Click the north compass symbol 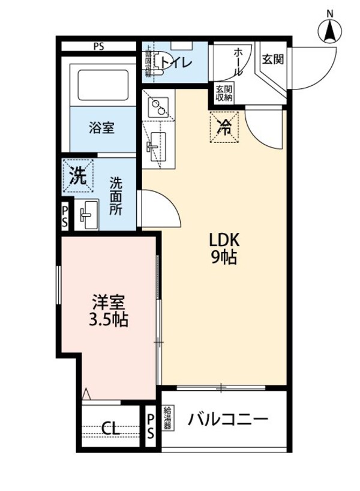[329, 29]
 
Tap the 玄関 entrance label [272, 59]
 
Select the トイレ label [178, 62]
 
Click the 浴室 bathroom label [102, 127]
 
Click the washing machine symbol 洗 [79, 176]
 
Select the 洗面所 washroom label [116, 195]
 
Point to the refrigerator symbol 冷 [224, 127]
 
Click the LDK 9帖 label [224, 249]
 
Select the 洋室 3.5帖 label [109, 310]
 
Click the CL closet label [110, 429]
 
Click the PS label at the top [98, 45]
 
